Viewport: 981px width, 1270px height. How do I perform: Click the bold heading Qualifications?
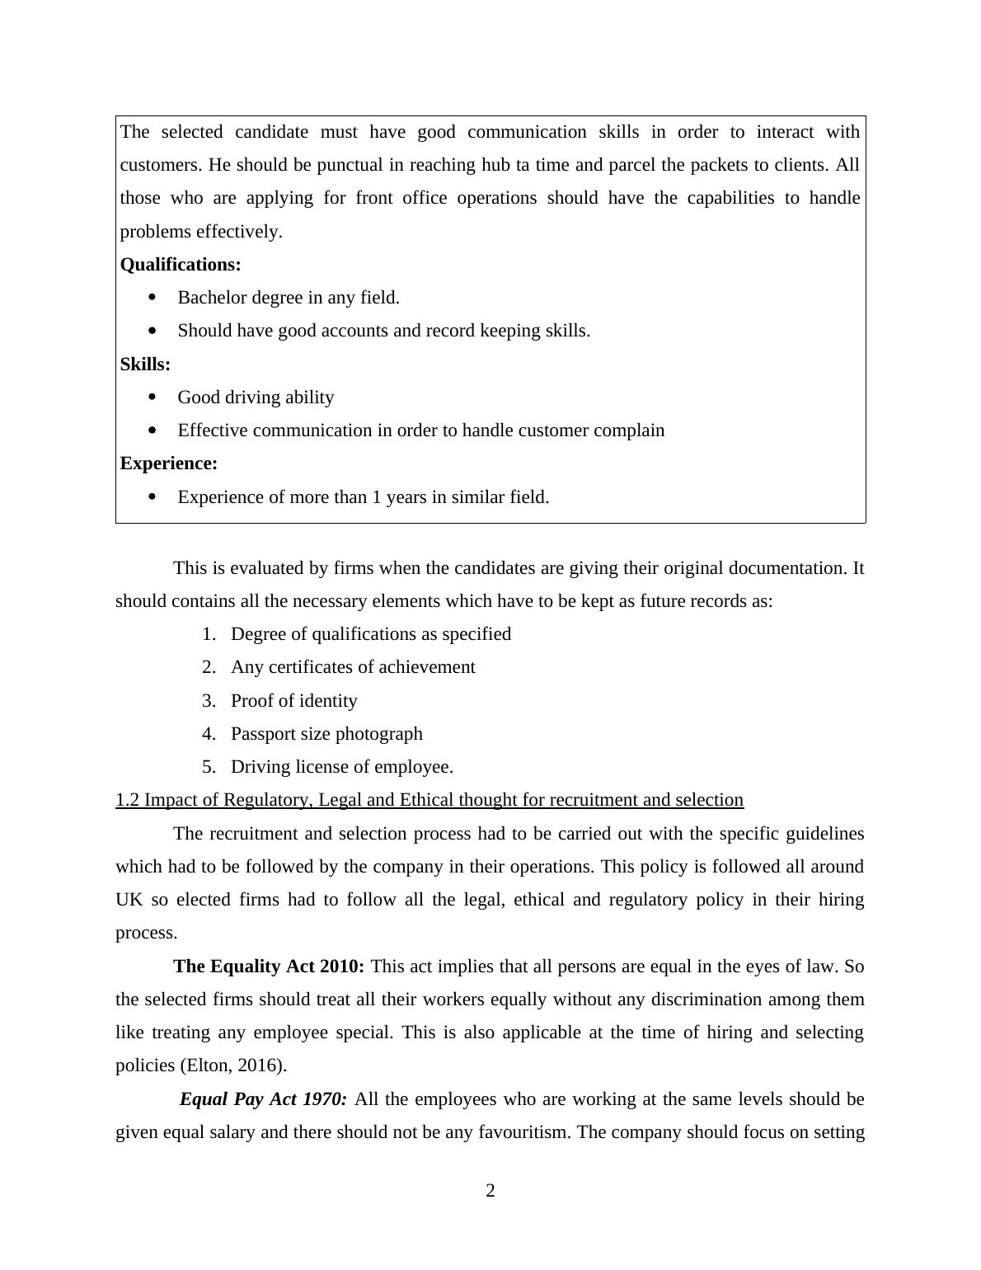tap(181, 265)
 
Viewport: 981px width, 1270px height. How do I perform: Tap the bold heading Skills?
tap(145, 365)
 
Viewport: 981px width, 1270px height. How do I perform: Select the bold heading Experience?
tap(169, 463)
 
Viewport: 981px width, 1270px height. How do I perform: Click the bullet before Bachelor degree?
tap(152, 297)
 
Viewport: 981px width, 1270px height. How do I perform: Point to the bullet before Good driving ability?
tap(152, 397)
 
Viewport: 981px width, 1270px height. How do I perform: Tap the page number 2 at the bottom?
tap(490, 1191)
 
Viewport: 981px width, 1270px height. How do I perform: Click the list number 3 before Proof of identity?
tap(208, 701)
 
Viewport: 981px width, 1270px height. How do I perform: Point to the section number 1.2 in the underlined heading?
tap(128, 800)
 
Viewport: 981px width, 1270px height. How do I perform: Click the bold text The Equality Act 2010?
tap(269, 966)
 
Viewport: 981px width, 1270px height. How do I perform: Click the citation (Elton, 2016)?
tap(233, 1065)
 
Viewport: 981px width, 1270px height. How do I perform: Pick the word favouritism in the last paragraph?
tap(523, 1132)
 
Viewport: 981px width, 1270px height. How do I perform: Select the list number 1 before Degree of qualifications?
tap(208, 634)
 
